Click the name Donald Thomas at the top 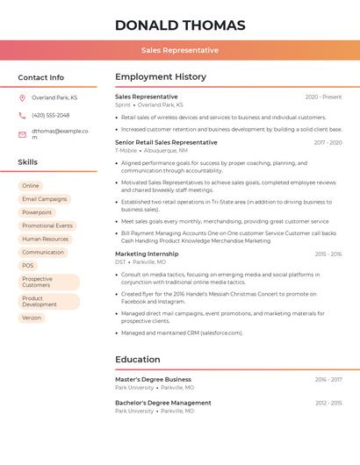[180, 25]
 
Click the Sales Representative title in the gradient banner [180, 50]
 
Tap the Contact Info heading [40, 77]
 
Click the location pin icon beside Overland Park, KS [22, 97]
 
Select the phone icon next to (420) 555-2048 [22, 115]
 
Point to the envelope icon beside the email [22, 134]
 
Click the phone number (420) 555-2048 [50, 115]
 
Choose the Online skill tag [31, 186]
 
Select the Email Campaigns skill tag [44, 199]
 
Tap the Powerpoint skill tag [37, 212]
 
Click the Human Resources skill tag [45, 239]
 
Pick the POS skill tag [28, 265]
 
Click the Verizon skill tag [32, 318]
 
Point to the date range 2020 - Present [323, 97]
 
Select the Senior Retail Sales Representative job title [166, 142]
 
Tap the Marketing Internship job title [147, 254]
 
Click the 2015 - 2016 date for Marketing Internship [328, 254]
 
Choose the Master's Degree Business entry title [153, 379]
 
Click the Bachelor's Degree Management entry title [162, 403]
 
